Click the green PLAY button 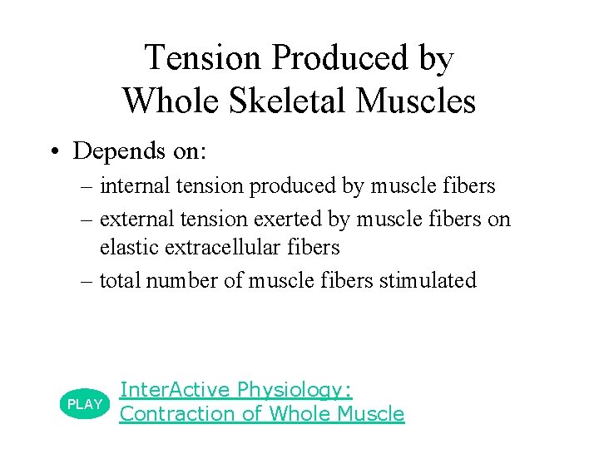[84, 403]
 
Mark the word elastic [125, 247]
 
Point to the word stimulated [428, 280]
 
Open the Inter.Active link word [175, 389]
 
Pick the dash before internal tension [87, 186]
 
